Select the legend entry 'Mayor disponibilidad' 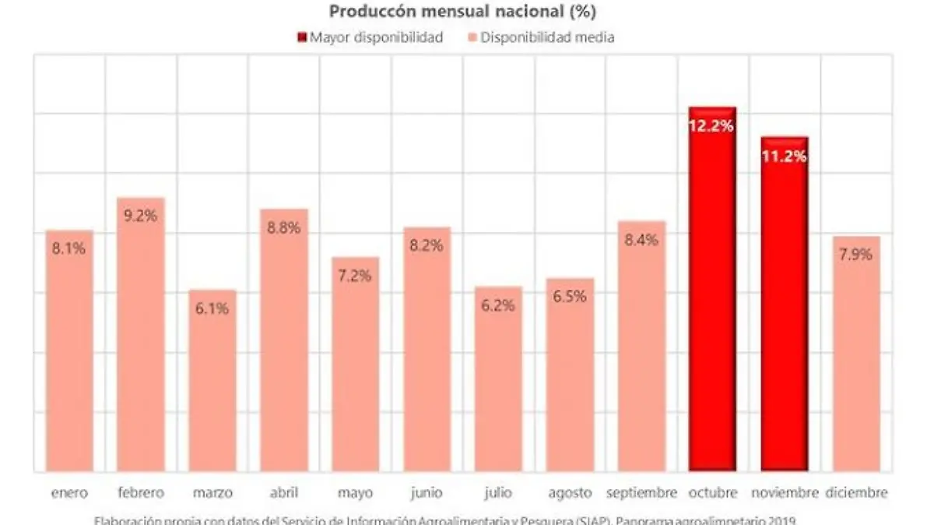click(x=370, y=37)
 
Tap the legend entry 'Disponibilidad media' click(x=542, y=37)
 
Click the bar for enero click(x=69, y=351)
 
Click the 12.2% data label click(x=711, y=125)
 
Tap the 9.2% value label click(x=141, y=216)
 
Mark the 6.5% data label click(x=570, y=296)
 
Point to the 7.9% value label click(x=856, y=254)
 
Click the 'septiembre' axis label click(x=641, y=493)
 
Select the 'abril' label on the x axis click(x=284, y=493)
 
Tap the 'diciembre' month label click(x=856, y=493)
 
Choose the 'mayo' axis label click(x=355, y=493)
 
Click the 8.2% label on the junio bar click(x=427, y=245)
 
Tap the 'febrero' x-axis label click(x=141, y=493)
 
